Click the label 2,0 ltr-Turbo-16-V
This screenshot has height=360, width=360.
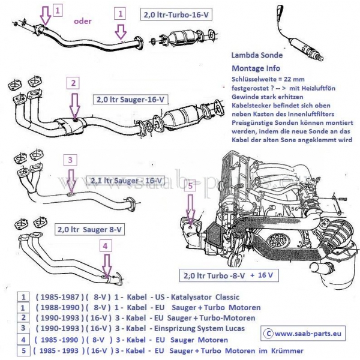(x=177, y=13)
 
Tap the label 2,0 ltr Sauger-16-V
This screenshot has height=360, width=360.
(x=130, y=100)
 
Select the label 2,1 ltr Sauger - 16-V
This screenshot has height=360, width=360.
(x=127, y=179)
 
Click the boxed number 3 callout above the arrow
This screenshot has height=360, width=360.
(x=70, y=160)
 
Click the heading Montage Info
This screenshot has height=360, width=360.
(x=255, y=68)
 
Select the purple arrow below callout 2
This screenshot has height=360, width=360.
(x=74, y=107)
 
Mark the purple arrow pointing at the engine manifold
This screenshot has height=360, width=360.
(x=190, y=210)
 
